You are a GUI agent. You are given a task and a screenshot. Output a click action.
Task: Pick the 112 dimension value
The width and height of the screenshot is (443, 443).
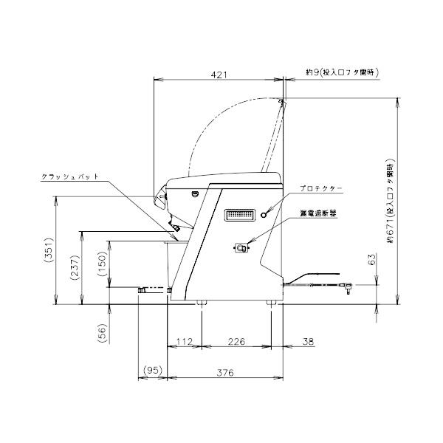pos(185,341)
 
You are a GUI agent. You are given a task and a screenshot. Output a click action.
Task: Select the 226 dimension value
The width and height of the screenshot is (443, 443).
pos(236,341)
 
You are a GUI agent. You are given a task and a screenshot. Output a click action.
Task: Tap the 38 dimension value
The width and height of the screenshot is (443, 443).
pos(309,341)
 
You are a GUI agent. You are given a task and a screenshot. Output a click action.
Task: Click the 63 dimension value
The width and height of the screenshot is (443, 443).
pos(373,259)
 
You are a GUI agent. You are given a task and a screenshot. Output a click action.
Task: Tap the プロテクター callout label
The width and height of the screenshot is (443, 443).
pos(322,190)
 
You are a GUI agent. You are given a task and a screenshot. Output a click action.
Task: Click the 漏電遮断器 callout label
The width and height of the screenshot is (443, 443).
pos(318,212)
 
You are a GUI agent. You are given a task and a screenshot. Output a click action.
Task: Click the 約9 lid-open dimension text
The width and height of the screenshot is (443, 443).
pos(342,72)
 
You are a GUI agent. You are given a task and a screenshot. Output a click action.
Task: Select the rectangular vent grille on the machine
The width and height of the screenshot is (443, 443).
pos(239,215)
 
